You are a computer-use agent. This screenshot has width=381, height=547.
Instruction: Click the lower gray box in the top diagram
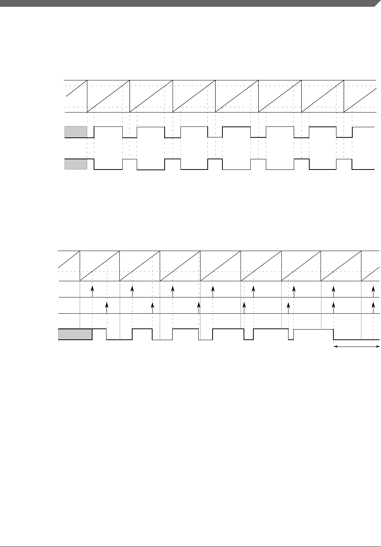pos(76,165)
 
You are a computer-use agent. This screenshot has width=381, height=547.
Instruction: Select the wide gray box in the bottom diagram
pos(75,334)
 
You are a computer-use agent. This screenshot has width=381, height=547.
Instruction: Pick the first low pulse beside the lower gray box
pos(108,170)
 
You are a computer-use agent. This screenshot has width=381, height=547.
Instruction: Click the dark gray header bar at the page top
pos(189,3)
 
